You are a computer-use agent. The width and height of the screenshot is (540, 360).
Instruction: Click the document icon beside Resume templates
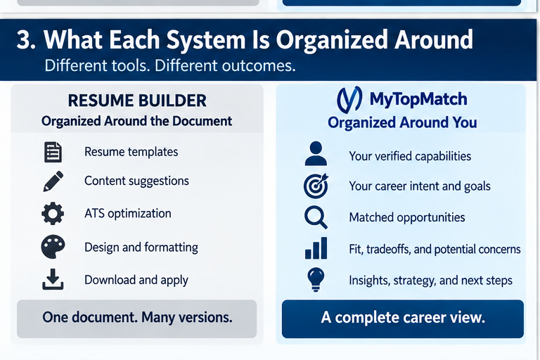(53, 152)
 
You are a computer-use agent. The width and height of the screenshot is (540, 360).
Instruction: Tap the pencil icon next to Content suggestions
(53, 181)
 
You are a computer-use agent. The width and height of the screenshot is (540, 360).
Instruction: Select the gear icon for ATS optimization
(53, 214)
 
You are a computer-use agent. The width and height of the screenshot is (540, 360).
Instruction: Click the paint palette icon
(53, 247)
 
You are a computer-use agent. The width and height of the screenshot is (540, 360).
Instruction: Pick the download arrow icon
(53, 279)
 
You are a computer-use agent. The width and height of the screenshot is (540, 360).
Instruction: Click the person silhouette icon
(316, 153)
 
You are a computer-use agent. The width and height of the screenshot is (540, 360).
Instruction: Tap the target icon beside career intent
(316, 186)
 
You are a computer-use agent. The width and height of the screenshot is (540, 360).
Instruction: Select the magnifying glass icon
(316, 217)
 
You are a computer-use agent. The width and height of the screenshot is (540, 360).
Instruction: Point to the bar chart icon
(316, 248)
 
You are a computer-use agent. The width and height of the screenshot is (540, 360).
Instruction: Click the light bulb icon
(316, 279)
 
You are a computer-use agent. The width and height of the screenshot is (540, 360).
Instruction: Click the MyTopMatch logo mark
(349, 100)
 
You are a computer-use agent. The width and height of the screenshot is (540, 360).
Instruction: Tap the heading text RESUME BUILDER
(137, 101)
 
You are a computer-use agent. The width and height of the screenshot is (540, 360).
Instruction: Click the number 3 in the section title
(23, 39)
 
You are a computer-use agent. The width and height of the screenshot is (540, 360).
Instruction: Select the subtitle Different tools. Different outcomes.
(170, 65)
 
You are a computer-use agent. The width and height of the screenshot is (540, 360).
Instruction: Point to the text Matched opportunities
(406, 217)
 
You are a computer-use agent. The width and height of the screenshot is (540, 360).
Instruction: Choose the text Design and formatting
(141, 247)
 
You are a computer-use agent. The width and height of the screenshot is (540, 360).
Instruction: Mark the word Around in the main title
(434, 39)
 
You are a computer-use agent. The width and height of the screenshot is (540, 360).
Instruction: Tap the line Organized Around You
(402, 122)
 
